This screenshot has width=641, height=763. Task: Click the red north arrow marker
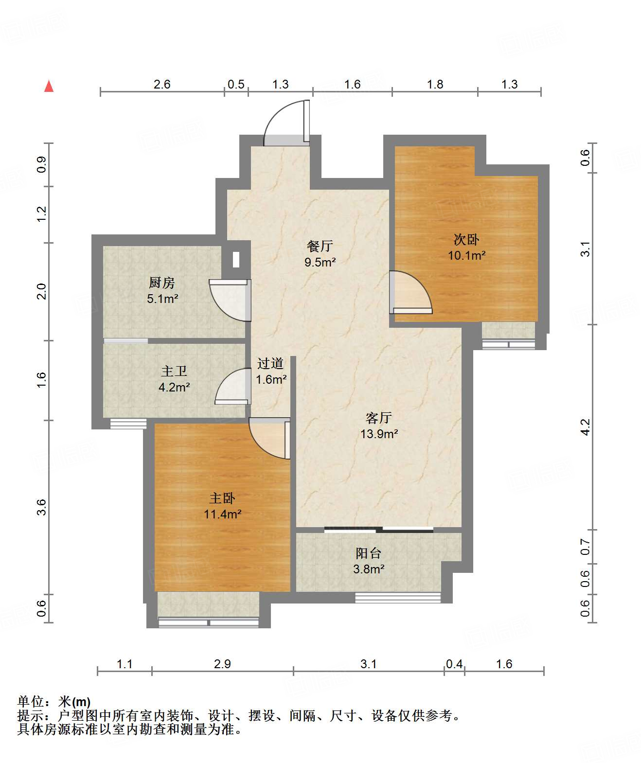click(49, 87)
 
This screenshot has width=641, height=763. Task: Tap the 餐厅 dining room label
click(320, 246)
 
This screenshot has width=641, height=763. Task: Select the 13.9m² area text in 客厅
click(379, 434)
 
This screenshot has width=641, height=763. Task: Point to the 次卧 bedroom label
click(466, 240)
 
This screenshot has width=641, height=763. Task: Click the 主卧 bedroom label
click(222, 498)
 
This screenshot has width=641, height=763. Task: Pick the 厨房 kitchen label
click(162, 283)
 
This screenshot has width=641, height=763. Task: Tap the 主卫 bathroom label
click(174, 371)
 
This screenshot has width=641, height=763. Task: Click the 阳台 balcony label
click(368, 553)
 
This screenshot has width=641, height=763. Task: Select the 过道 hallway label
click(270, 363)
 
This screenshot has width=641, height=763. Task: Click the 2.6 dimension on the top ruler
click(162, 85)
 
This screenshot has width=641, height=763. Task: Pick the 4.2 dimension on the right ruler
click(586, 427)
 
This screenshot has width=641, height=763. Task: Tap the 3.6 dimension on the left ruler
click(41, 507)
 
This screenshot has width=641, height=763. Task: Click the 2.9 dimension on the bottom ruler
click(222, 664)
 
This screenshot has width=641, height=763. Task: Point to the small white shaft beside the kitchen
click(236, 260)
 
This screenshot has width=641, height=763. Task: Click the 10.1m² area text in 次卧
click(467, 255)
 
